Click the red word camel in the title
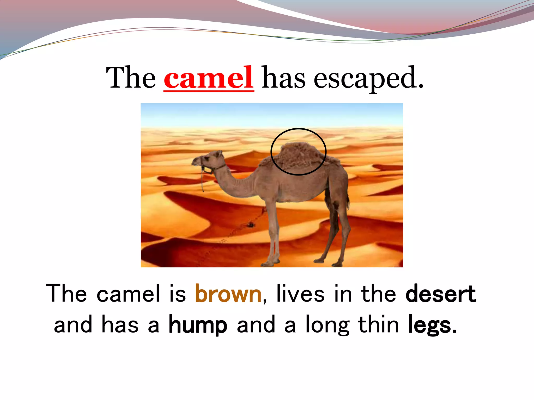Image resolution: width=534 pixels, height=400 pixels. click(209, 78)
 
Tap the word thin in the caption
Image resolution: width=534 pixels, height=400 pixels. click(378, 325)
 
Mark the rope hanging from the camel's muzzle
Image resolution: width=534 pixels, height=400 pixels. click(202, 180)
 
